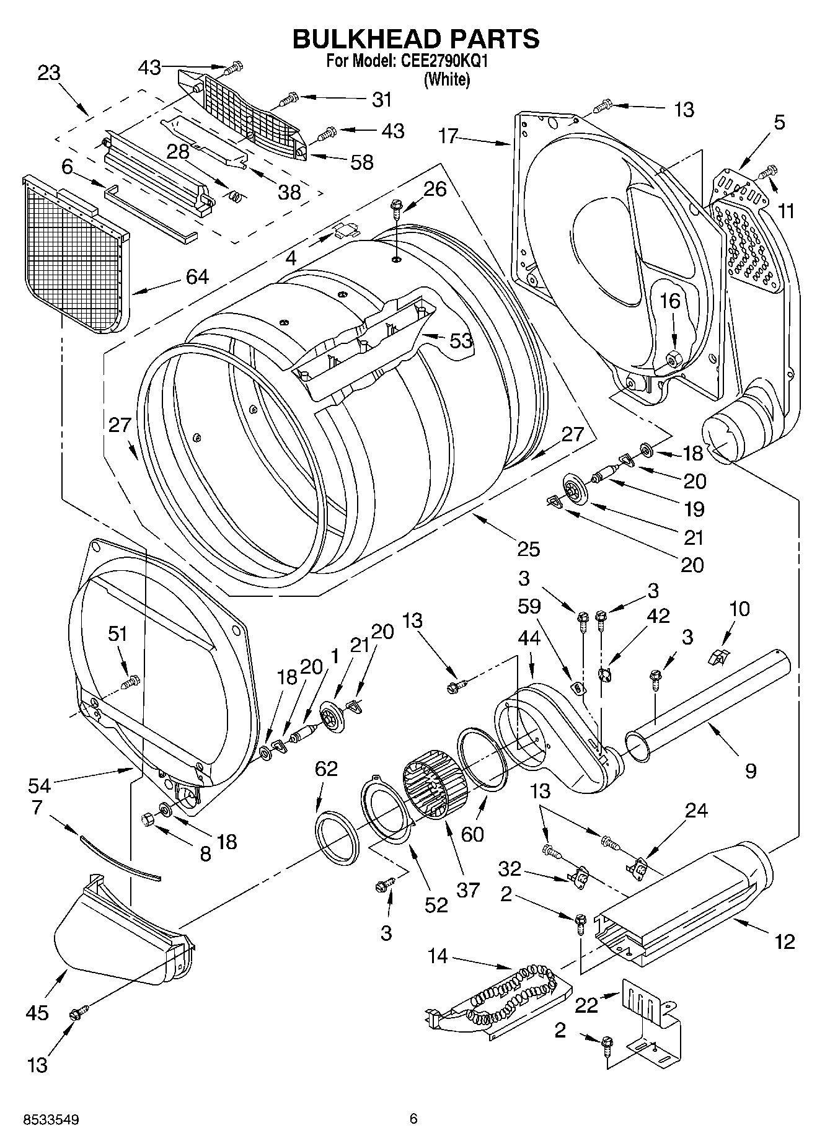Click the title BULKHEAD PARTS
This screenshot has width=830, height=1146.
click(415, 38)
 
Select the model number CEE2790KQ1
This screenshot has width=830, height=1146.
click(445, 62)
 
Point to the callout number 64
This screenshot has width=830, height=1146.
click(197, 277)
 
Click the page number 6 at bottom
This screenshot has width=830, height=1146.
click(413, 1118)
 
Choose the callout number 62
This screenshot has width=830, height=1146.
click(326, 769)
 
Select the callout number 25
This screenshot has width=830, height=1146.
click(529, 549)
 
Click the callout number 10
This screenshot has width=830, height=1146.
click(739, 609)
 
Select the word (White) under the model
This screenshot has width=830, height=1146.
click(446, 79)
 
